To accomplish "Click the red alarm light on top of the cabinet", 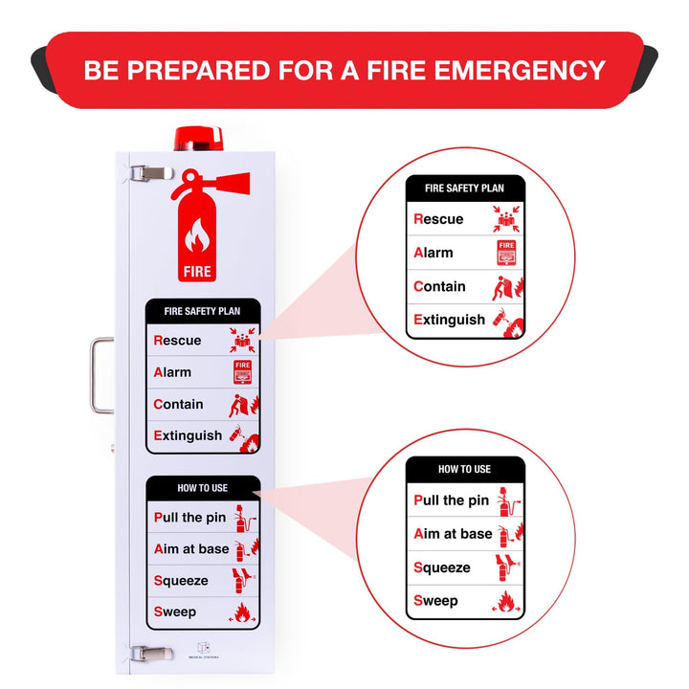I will coord(198,138).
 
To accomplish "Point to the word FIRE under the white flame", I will coord(198,272).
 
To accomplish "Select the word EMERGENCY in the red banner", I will coord(513,70).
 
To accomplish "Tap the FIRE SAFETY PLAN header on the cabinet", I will coord(202,311).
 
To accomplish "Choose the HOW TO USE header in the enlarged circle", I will coord(464,469).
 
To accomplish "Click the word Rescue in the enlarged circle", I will coord(438,219).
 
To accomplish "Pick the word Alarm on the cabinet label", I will coord(172,372).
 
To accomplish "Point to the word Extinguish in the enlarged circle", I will coord(449,320).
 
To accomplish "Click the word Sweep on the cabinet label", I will coord(174,611).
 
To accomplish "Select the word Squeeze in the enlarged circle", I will coord(442,567).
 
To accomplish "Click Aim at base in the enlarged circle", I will coord(453,534).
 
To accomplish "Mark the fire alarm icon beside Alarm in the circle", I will coord(506,254).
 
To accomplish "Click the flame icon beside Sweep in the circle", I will coord(507,602).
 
